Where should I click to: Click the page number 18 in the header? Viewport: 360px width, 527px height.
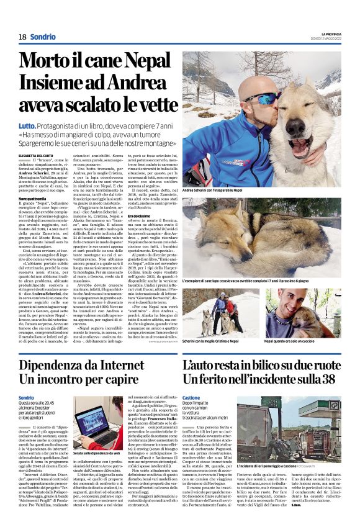(x=22, y=37)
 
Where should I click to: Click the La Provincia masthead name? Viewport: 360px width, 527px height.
(x=330, y=34)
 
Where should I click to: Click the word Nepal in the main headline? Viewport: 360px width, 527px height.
(x=137, y=60)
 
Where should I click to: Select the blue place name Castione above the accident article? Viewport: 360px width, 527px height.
(x=191, y=397)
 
